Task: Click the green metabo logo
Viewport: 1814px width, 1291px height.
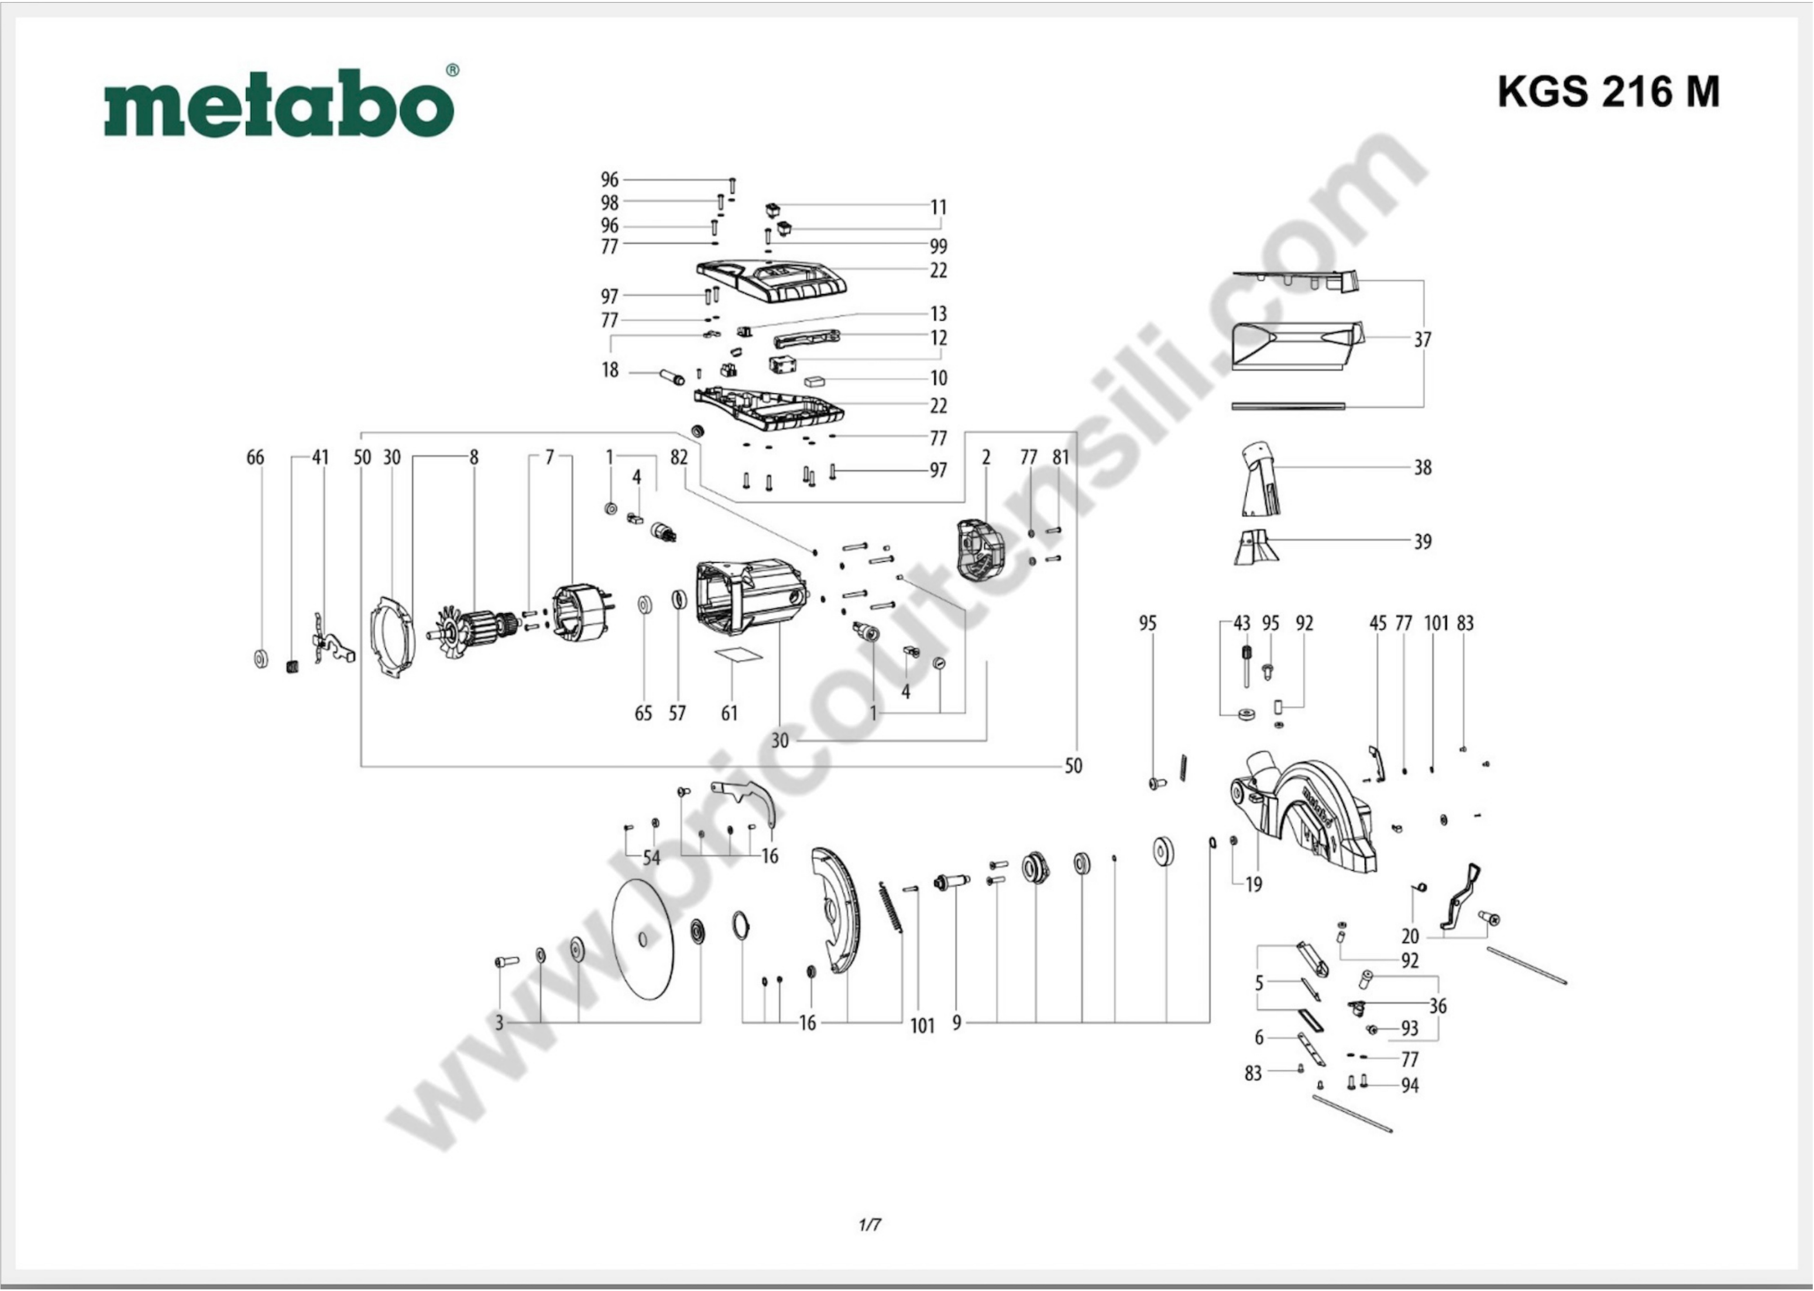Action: pyautogui.click(x=278, y=103)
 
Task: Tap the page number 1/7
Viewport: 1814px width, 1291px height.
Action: pyautogui.click(x=870, y=1225)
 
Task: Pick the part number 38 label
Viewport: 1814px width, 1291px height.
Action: pyautogui.click(x=1422, y=467)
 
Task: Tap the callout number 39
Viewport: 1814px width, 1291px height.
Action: pyautogui.click(x=1422, y=541)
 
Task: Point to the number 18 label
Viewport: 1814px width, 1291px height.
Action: pyautogui.click(x=610, y=371)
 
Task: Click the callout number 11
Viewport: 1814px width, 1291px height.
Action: pyautogui.click(x=939, y=208)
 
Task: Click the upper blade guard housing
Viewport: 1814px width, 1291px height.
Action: pyautogui.click(x=1304, y=815)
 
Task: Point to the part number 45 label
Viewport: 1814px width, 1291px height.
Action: pyautogui.click(x=1378, y=624)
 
